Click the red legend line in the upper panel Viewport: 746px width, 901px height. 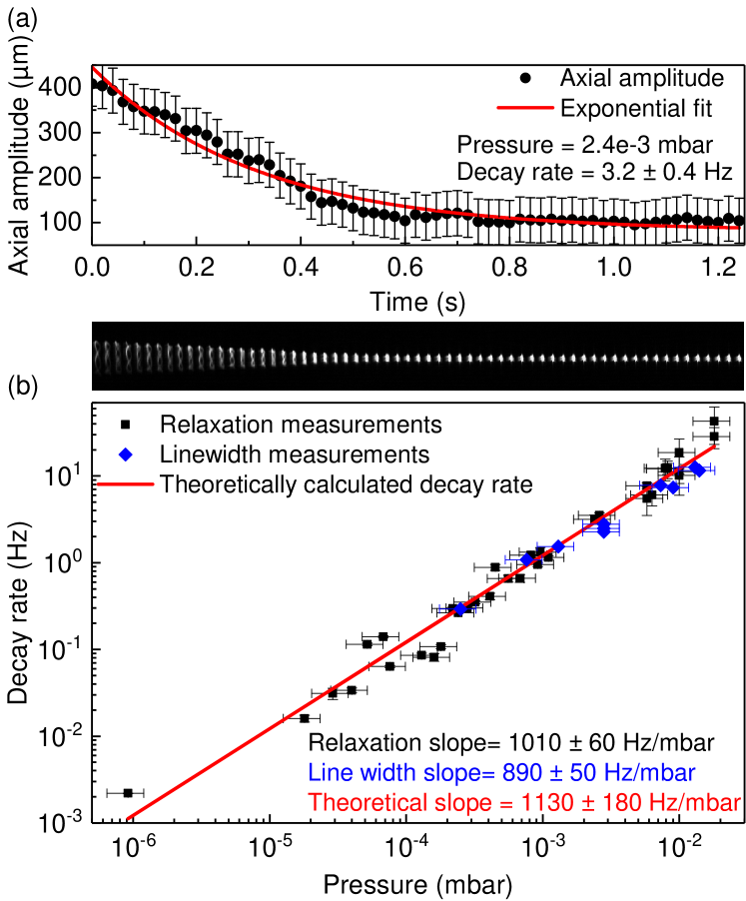pyautogui.click(x=525, y=107)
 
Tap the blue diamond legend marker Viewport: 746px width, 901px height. pyautogui.click(x=125, y=454)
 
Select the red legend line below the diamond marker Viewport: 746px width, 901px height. pyautogui.click(x=126, y=484)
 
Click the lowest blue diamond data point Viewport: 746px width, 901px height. pyautogui.click(x=460, y=608)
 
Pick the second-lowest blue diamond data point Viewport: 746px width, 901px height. pyautogui.click(x=526, y=559)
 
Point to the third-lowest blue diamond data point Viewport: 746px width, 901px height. pyautogui.click(x=558, y=545)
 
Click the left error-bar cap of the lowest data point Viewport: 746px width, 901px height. pyautogui.click(x=440, y=608)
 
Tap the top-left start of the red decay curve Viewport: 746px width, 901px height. pyautogui.click(x=94, y=69)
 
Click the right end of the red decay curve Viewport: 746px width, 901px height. pyautogui.click(x=739, y=228)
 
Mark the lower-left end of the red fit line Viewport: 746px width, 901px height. pyautogui.click(x=129, y=819)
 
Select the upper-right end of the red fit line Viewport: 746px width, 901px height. pyautogui.click(x=715, y=447)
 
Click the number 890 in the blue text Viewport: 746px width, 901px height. pyautogui.click(x=520, y=773)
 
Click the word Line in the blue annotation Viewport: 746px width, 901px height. pyautogui.click(x=326, y=773)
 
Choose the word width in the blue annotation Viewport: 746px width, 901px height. pyautogui.click(x=372, y=773)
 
